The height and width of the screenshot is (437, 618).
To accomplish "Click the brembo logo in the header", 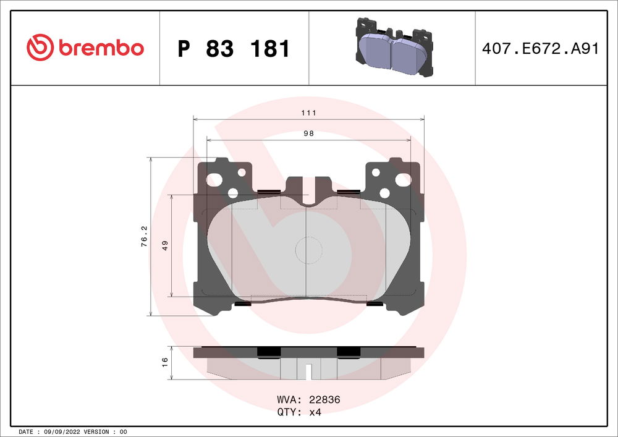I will (x=85, y=48).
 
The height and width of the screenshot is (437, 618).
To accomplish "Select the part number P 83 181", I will (x=234, y=48).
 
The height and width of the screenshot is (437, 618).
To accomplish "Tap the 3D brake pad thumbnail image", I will (x=392, y=48).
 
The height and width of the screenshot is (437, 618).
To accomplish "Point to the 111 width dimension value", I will (x=309, y=112).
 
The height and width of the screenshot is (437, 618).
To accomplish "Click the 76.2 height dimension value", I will (x=144, y=237).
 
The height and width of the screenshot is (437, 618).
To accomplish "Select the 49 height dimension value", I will (x=165, y=245).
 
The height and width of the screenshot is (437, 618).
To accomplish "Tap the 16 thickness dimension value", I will (x=165, y=362).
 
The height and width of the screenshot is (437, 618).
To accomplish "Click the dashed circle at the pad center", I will (x=309, y=250).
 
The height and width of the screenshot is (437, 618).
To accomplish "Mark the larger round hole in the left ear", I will (x=214, y=180).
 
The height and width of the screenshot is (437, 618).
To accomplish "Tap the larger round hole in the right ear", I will (x=402, y=180).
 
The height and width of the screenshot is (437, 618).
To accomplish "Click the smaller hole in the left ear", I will (x=232, y=192).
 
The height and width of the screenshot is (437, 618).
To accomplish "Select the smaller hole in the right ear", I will (x=384, y=192).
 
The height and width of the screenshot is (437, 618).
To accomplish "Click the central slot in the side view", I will (x=308, y=371).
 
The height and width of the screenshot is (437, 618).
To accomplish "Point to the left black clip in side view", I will (x=268, y=351).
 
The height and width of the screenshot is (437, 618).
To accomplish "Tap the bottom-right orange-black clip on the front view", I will (x=375, y=303).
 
